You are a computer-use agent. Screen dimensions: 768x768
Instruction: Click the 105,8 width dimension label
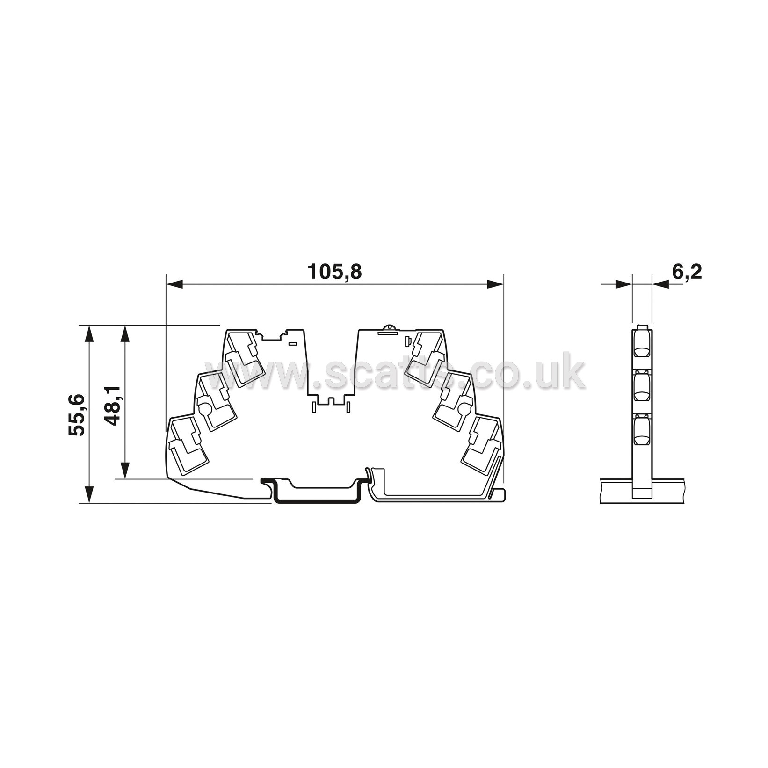pos(334,272)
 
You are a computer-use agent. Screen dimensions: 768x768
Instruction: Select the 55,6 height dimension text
pos(76,415)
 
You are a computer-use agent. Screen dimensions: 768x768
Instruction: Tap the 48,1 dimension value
pos(112,406)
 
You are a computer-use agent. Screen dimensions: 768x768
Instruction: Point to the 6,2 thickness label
pos(687,271)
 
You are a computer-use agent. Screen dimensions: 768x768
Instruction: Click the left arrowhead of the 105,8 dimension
pos(174,284)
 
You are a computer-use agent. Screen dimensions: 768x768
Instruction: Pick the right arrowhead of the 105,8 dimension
pos(495,284)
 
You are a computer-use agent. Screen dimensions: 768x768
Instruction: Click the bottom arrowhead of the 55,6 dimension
pos(89,494)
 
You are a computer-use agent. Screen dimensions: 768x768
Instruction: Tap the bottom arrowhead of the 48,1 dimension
pos(125,470)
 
